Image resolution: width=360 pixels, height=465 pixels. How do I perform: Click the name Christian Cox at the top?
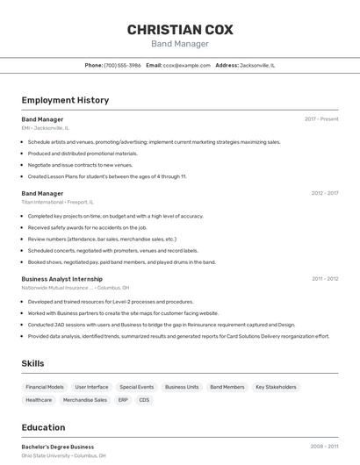180,30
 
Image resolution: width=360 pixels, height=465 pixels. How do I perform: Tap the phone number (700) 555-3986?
122,65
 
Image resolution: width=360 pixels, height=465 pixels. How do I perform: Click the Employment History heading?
65,100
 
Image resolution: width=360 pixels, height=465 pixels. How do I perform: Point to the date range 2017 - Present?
321,118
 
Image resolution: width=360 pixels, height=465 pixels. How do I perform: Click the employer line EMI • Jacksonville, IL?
45,128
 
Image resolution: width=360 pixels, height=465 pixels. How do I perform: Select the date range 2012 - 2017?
324,193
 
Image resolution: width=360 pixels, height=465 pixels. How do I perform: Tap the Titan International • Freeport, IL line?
58,202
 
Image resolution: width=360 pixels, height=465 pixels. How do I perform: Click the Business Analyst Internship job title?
61,279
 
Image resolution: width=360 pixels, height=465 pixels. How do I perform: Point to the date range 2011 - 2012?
324,279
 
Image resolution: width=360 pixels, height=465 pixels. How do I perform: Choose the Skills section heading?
32,363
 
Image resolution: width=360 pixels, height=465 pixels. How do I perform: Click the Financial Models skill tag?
45,387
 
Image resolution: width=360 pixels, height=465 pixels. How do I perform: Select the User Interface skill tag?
91,387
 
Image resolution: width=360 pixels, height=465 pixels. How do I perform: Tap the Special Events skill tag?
137,387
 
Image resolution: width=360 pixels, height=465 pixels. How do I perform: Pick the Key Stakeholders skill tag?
276,387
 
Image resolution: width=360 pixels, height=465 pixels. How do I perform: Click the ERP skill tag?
123,400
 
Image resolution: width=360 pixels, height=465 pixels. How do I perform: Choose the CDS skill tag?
144,400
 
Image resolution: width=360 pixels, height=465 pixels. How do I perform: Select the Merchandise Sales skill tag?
85,400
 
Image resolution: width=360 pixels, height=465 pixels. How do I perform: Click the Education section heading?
43,427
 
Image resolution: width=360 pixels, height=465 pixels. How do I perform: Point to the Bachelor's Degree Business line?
58,447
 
